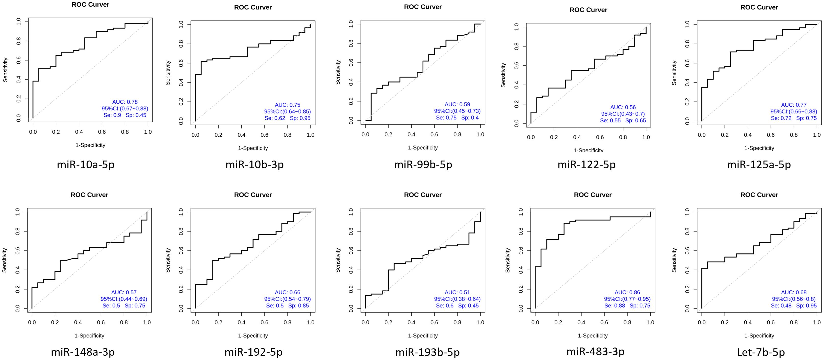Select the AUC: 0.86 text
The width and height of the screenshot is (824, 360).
point(627,292)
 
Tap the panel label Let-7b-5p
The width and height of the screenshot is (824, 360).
point(761,352)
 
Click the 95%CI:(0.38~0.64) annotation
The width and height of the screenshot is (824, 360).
point(457,299)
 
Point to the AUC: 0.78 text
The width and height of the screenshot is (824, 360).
point(125,102)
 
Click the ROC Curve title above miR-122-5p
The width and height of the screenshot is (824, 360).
point(588,10)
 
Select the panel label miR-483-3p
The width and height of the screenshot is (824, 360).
point(595,351)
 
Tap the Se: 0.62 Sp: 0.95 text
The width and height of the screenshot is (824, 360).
point(287,118)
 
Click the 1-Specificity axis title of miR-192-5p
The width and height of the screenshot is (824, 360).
point(253,335)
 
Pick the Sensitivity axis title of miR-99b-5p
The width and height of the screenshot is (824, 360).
point(338,72)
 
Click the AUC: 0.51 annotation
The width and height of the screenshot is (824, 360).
point(457,292)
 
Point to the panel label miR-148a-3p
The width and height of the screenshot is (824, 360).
point(82,352)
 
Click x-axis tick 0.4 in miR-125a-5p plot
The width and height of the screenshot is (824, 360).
point(748,135)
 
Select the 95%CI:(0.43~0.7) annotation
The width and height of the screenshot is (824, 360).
point(623,114)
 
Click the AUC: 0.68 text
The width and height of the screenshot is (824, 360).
point(794,292)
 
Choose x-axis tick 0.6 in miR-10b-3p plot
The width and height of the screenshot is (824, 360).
point(264,135)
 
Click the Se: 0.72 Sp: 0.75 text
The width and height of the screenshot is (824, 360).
point(794,118)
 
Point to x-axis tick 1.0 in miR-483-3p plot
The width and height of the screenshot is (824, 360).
point(650,322)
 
